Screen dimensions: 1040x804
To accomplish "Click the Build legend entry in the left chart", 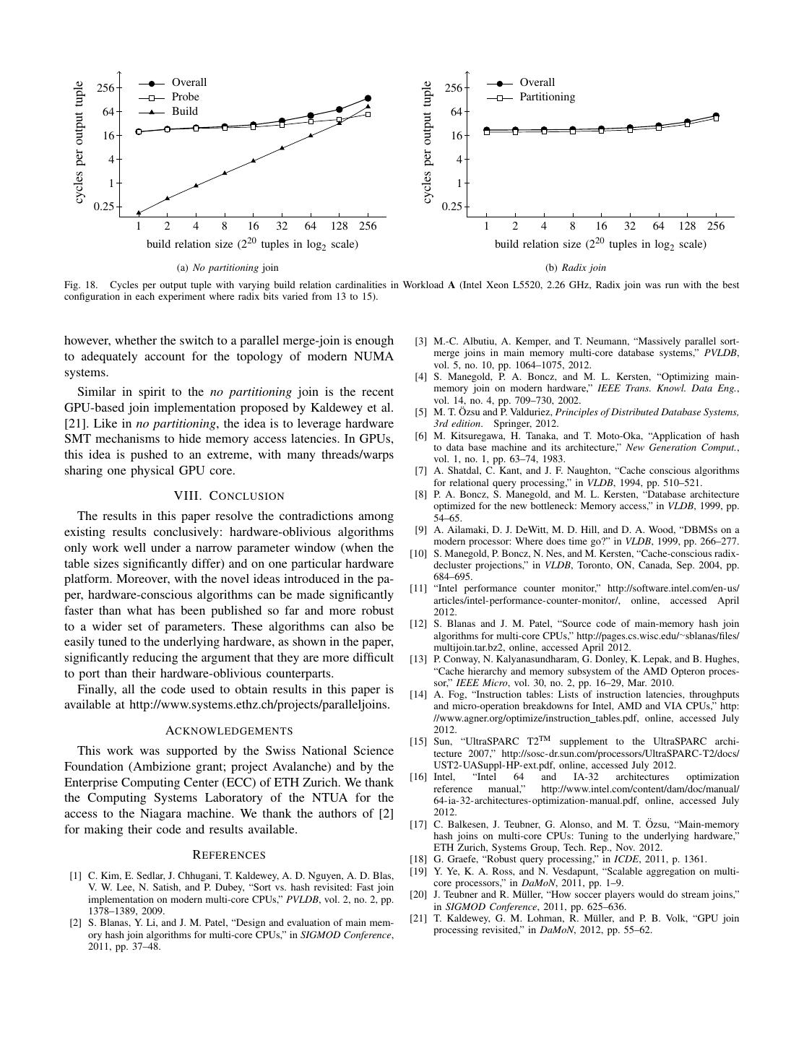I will coord(184,111).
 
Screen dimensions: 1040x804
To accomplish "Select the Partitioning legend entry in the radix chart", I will coord(547,97).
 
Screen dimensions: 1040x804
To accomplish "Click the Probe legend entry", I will coord(185,97).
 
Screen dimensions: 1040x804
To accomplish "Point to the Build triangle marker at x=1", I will coord(139,212).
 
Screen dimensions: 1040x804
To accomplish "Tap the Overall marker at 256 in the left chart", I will coord(368,98).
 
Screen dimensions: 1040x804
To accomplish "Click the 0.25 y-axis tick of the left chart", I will coord(105,207).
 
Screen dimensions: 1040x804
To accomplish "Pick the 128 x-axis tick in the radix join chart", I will coord(687,226).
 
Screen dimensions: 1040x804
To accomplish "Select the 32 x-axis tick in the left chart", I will coord(282,226).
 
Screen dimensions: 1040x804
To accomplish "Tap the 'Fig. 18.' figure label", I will coord(81,285).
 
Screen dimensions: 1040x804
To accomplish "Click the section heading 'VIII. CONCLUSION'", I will coord(229,495).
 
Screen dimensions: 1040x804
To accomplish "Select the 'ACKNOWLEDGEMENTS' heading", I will coord(229,730).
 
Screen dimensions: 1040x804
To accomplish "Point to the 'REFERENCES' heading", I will coord(229,855).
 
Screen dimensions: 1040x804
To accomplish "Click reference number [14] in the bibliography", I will coord(418,695).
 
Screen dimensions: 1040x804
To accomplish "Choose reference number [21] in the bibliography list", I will coord(418,919).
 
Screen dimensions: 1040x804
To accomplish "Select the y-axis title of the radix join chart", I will coord(428,142).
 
